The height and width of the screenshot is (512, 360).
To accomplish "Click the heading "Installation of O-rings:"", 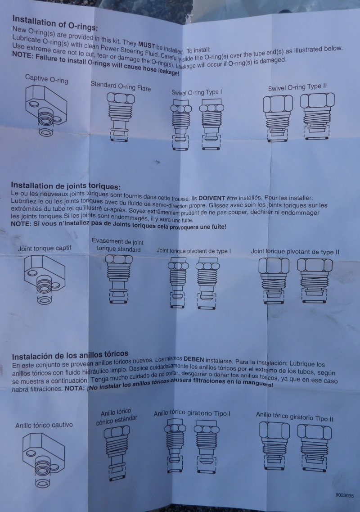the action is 55,23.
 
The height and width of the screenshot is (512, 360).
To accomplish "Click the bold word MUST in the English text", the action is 147,45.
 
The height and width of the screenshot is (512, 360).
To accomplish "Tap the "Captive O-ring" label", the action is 47,79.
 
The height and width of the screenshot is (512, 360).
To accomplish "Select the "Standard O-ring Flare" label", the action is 121,86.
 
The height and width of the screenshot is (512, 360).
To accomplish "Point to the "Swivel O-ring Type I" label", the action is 197,92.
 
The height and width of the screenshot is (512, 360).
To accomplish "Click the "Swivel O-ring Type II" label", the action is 297,87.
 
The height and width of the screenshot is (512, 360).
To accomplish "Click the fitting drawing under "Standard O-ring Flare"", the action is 121,117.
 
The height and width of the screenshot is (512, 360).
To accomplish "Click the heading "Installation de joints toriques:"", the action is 66,186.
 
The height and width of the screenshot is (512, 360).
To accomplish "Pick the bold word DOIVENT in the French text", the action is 212,198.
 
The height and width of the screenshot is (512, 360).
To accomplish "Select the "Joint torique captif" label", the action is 45,249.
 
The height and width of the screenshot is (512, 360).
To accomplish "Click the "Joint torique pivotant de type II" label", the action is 295,252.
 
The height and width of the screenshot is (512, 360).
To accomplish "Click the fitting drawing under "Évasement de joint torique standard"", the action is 119,279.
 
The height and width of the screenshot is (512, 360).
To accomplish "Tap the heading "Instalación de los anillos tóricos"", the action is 70,355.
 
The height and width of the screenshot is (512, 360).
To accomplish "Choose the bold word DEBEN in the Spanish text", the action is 193,359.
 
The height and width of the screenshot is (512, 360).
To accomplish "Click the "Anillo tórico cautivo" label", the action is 44,425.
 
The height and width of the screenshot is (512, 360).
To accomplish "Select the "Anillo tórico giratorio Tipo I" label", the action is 192,413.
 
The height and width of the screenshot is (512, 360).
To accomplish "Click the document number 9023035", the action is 345,495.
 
